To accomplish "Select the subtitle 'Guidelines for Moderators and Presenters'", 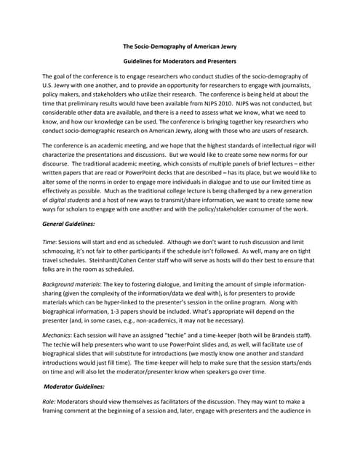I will tap(179, 62).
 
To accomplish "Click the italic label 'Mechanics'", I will tap(59, 336).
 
